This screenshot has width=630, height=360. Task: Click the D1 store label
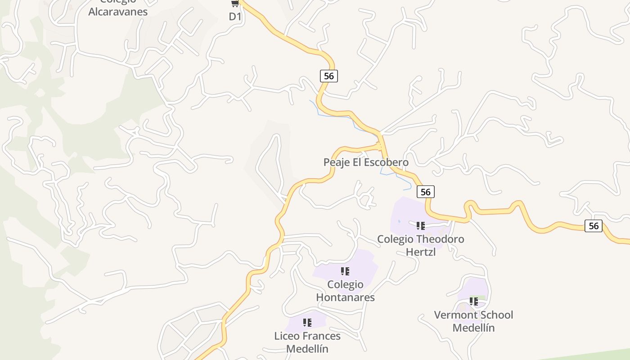[235, 17]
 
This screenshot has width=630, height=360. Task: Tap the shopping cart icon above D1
[234, 4]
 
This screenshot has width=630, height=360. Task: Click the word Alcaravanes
[118, 12]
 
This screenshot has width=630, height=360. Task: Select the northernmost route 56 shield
[329, 76]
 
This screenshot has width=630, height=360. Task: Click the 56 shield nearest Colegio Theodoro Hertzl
[426, 192]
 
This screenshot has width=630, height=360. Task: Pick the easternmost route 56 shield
[594, 226]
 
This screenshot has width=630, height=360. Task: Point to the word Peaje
[336, 162]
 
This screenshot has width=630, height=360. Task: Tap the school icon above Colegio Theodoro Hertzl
[420, 225]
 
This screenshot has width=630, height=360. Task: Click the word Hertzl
[421, 252]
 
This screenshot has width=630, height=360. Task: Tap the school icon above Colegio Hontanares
[345, 271]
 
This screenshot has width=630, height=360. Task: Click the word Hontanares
[345, 297]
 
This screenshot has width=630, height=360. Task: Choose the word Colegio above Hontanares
[345, 284]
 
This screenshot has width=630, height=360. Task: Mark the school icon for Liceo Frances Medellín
[307, 323]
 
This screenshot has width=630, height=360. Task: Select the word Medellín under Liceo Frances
[307, 349]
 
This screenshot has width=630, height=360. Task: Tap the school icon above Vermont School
[473, 301]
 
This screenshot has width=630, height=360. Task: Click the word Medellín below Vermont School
[473, 328]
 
